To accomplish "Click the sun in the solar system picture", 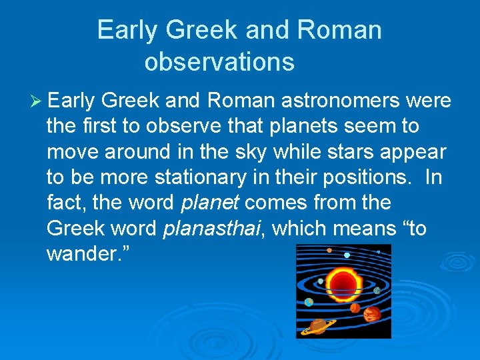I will click(343, 283).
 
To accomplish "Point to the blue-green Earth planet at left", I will click(309, 302).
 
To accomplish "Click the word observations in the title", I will click(219, 61).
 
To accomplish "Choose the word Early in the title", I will click(129, 30).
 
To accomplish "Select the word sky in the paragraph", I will click(259, 151).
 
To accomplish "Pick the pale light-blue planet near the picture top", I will click(347, 255).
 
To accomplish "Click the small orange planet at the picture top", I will click(329, 251).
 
